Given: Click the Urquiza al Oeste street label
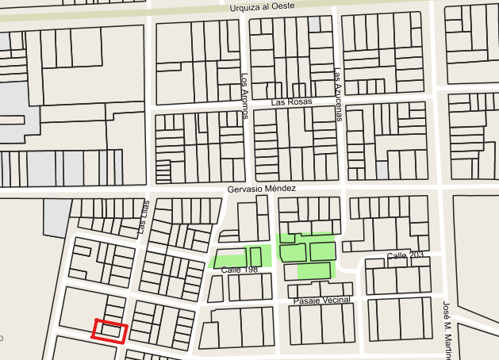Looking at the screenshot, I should pos(251,6).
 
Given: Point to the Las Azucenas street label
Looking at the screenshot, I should pos(339,94).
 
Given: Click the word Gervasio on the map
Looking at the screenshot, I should pos(246,189).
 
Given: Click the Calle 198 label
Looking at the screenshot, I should pos(240,270).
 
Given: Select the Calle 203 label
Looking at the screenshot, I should pos(405,255).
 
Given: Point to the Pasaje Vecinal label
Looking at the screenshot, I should pos(321,301).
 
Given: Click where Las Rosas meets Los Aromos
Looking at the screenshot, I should pos(246,104).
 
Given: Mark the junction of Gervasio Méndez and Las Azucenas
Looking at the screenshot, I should pos(343,190).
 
